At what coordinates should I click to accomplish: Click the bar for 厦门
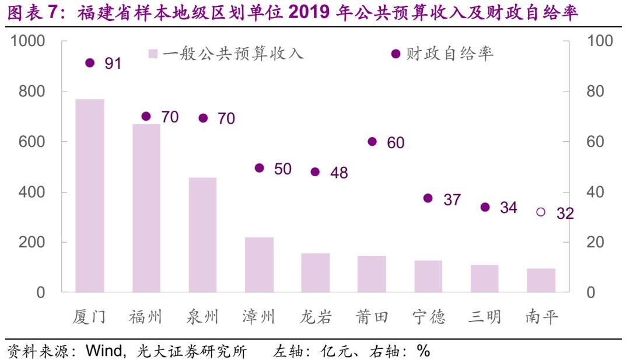click(90, 195)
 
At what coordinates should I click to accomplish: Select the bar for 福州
click(146, 208)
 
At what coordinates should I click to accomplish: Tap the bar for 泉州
click(202, 235)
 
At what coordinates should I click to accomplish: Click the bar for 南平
click(541, 280)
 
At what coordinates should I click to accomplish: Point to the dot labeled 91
click(90, 63)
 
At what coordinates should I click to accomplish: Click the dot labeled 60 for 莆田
click(372, 142)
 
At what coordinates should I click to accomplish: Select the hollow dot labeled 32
click(541, 212)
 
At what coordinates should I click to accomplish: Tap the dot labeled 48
click(316, 172)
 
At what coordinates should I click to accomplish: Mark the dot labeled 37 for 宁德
click(428, 198)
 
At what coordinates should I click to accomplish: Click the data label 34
click(508, 208)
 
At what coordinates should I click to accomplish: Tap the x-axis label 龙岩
click(316, 317)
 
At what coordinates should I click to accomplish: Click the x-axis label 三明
click(484, 317)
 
